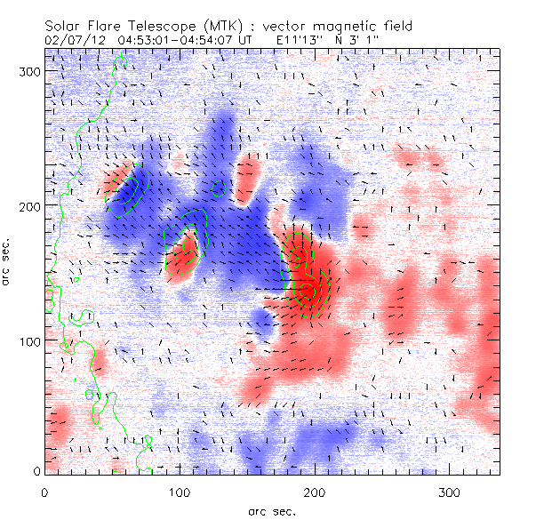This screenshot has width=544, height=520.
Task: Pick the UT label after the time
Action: (x=245, y=40)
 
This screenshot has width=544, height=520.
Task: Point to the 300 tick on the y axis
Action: (x=28, y=72)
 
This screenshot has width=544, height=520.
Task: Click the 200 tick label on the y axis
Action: (x=28, y=206)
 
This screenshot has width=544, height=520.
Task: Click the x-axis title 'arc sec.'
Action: (x=271, y=510)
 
